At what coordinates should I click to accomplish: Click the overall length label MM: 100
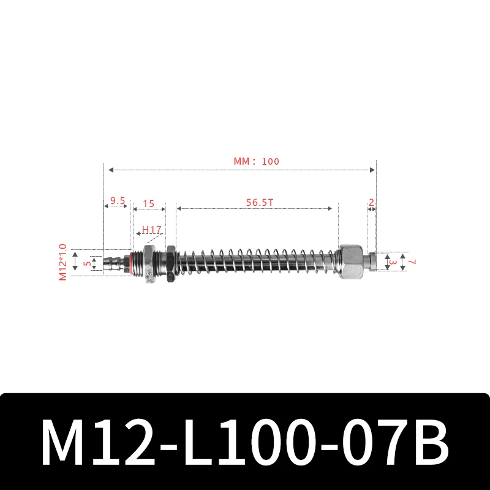(256, 161)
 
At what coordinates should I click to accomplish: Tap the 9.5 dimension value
(118, 200)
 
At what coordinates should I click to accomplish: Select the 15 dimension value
(148, 202)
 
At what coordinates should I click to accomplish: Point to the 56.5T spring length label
(257, 202)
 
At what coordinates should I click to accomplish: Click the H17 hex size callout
(151, 230)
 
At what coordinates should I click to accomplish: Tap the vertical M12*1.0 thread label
(62, 262)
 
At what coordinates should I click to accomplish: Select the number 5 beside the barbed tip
(88, 263)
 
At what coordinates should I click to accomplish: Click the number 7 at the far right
(412, 262)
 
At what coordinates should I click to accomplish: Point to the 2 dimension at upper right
(372, 202)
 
